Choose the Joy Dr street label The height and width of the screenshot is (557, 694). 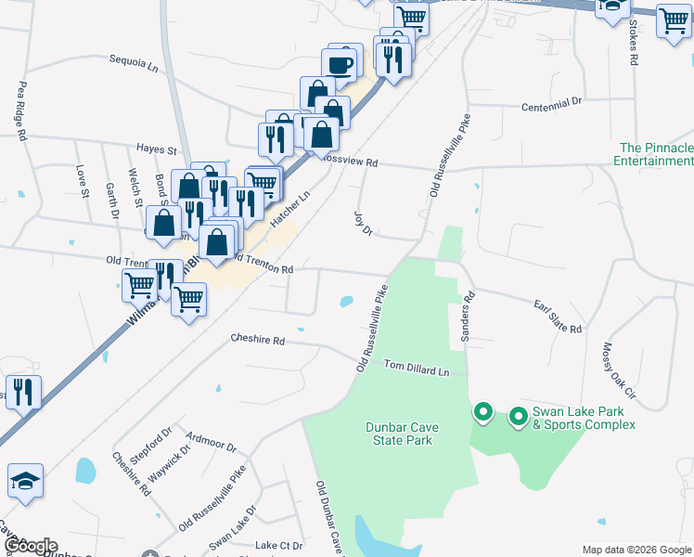363,222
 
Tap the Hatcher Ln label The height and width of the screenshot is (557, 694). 288,206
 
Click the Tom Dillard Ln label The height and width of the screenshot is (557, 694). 417,369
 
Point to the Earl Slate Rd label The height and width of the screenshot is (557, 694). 557,317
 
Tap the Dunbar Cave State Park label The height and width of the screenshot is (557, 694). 402,434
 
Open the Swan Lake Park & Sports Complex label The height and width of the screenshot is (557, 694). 583,418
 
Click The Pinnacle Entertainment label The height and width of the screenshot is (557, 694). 655,154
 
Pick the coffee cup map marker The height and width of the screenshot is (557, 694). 339,65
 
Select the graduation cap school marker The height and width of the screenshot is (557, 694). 25,481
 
